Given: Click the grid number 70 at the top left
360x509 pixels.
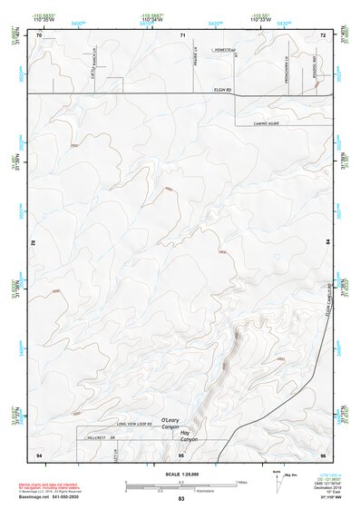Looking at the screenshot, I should click(x=41, y=34).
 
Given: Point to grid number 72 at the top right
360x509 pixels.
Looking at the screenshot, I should click(x=322, y=34).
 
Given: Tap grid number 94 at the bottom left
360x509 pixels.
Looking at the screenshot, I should click(x=40, y=453).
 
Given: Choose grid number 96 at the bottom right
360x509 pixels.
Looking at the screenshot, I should click(x=322, y=453).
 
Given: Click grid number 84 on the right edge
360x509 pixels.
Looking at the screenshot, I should click(x=327, y=243).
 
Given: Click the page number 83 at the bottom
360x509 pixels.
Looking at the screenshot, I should click(x=181, y=498).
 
